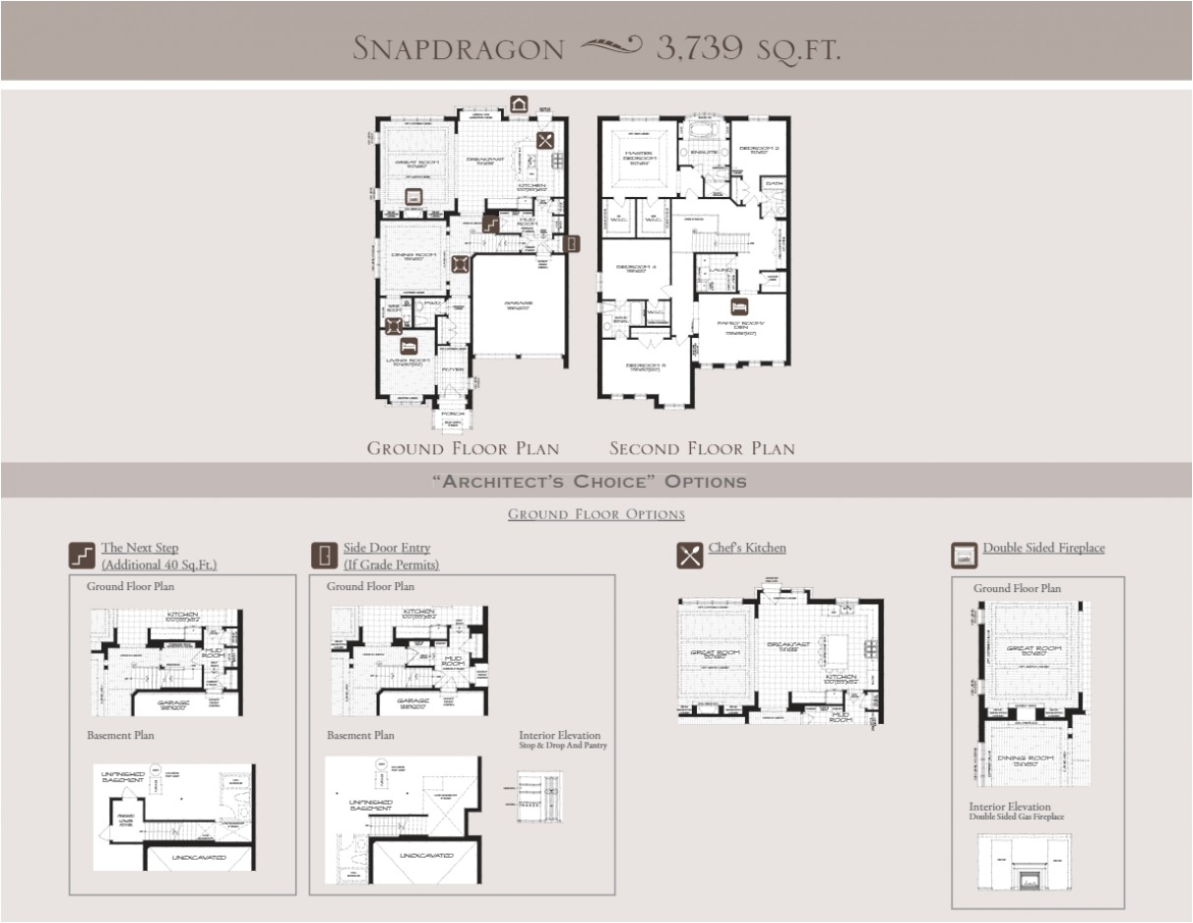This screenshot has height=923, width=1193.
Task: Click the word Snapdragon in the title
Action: [459, 48]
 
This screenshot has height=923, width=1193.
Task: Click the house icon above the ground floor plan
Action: [519, 104]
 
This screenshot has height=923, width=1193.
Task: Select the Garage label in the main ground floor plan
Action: [520, 305]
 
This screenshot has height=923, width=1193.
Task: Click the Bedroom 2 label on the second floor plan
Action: [760, 150]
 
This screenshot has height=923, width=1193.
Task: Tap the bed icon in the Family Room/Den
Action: [738, 305]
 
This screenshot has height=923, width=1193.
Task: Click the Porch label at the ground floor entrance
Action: [453, 414]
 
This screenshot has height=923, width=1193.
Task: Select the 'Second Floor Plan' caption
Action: [702, 449]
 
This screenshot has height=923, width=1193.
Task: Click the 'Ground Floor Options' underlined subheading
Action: [596, 514]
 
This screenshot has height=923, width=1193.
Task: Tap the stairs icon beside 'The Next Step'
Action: [83, 556]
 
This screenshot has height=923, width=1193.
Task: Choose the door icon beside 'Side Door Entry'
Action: [324, 556]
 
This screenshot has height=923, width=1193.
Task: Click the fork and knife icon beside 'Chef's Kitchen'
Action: [690, 555]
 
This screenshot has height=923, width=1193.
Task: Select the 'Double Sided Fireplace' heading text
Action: [1043, 548]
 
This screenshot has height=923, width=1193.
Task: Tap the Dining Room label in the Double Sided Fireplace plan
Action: [1027, 759]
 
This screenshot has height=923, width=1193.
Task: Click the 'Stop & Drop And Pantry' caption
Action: [563, 746]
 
